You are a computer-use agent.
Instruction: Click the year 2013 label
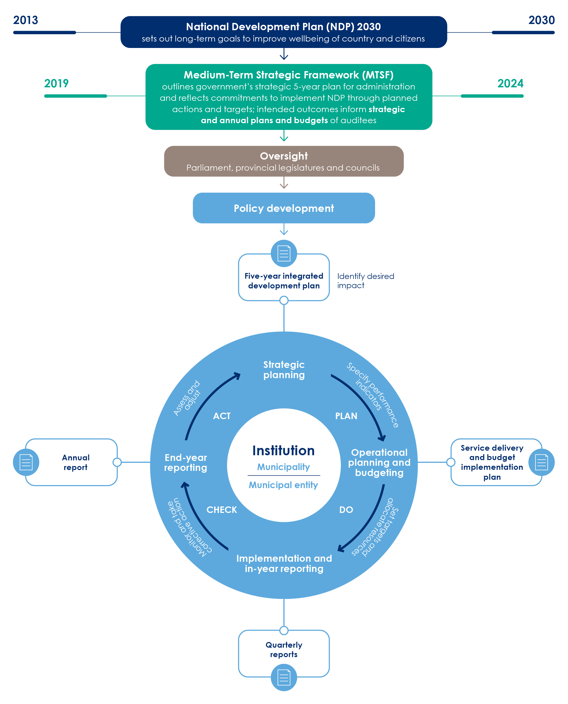click(x=26, y=20)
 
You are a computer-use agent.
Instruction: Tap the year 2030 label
click(x=541, y=20)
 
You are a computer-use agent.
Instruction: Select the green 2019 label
click(x=56, y=84)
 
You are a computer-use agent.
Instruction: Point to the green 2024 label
click(x=510, y=84)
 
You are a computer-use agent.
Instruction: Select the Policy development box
click(x=284, y=208)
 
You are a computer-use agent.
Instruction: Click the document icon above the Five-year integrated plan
click(x=284, y=253)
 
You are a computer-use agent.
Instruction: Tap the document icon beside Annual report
click(x=26, y=462)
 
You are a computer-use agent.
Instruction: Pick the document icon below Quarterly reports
click(x=284, y=678)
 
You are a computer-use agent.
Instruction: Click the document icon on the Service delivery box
click(x=541, y=462)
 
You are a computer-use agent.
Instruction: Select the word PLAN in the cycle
click(x=346, y=416)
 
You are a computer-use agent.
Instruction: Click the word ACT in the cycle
click(x=222, y=416)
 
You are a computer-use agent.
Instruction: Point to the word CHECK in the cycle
click(x=222, y=510)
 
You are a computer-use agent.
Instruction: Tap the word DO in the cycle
click(x=346, y=510)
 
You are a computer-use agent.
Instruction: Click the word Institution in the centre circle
click(x=283, y=451)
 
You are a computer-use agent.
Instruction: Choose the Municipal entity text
click(x=283, y=485)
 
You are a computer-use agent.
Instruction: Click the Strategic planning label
click(x=284, y=370)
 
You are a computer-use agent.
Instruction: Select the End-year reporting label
click(x=186, y=463)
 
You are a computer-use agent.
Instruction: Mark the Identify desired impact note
click(x=365, y=281)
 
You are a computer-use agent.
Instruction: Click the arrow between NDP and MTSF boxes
click(x=284, y=54)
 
